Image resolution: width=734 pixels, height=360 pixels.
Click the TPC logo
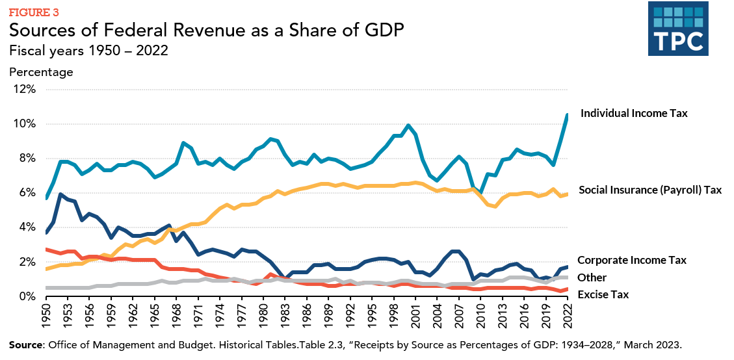pyautogui.click(x=678, y=29)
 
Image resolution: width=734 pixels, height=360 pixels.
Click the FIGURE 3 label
pyautogui.click(x=34, y=12)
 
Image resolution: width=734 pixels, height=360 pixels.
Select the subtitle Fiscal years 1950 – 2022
pyautogui.click(x=88, y=51)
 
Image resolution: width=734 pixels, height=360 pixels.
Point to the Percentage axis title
pyautogui.click(x=41, y=72)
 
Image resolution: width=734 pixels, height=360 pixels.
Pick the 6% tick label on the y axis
pyautogui.click(x=25, y=192)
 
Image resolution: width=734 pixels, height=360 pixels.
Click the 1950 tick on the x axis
pyautogui.click(x=45, y=316)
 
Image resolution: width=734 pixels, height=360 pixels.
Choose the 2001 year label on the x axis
pyautogui.click(x=415, y=316)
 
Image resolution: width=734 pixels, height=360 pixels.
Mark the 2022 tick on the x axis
pyautogui.click(x=568, y=316)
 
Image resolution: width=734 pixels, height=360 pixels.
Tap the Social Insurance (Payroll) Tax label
pyautogui.click(x=649, y=190)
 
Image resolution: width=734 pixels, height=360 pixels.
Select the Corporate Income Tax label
pyautogui.click(x=632, y=260)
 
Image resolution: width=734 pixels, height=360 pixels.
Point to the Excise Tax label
pyautogui.click(x=603, y=294)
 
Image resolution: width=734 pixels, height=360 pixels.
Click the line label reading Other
pyautogui.click(x=592, y=277)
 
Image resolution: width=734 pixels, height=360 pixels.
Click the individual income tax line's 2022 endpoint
pyautogui.click(x=568, y=115)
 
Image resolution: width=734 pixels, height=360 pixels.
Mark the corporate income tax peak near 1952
pyautogui.click(x=60, y=194)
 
